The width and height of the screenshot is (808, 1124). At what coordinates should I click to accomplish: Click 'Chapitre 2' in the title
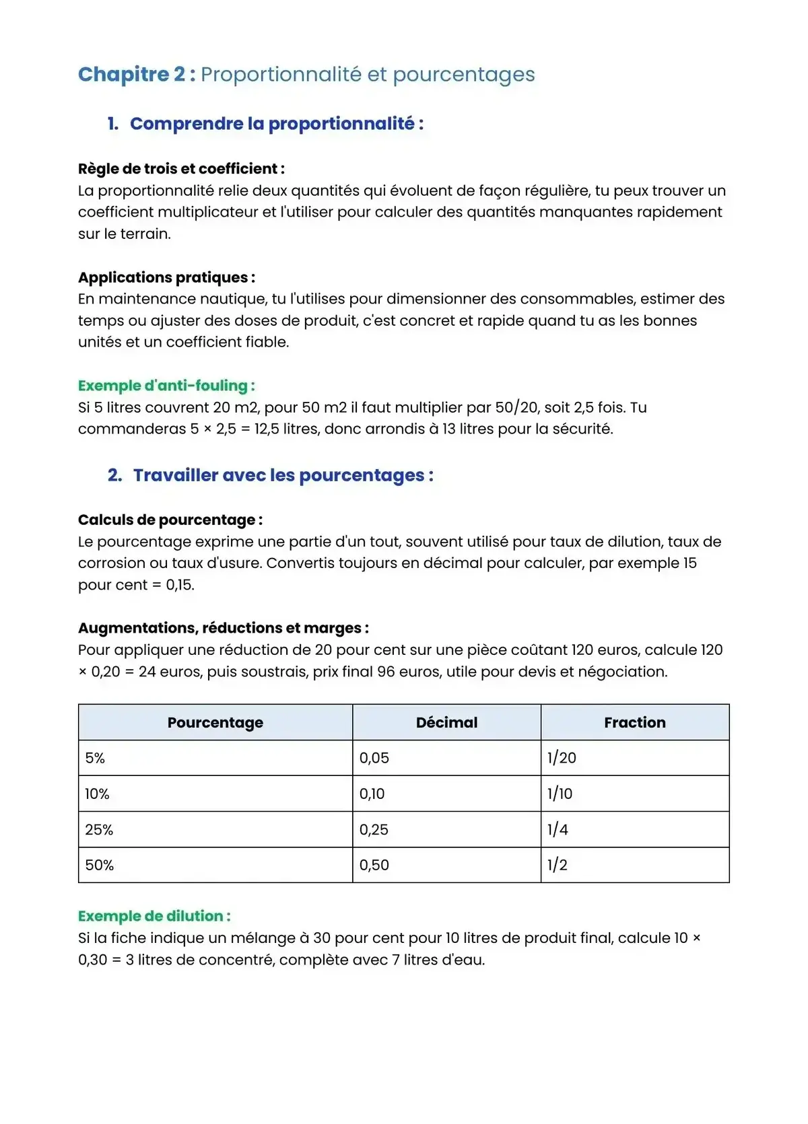132,74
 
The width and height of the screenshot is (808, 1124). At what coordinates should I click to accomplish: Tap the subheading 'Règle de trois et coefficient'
180,169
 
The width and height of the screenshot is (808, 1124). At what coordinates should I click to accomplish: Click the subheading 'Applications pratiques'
166,277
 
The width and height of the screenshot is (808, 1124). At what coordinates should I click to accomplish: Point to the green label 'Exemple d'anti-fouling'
166,386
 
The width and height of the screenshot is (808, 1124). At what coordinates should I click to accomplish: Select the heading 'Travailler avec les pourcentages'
283,475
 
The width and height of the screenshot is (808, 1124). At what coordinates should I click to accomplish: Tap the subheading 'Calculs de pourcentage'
170,520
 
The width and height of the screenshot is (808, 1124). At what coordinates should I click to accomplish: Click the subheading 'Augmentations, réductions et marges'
223,628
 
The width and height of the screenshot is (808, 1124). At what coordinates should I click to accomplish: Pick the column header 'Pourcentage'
215,723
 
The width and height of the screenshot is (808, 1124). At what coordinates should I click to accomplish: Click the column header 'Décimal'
446,723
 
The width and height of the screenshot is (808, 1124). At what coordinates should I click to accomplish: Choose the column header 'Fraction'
634,723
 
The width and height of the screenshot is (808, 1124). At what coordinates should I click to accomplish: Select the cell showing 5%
96,759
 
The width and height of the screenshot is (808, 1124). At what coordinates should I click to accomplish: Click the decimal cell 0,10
372,794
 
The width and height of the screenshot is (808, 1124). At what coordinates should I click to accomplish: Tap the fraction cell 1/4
558,830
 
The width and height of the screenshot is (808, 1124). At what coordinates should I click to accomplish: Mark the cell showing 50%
100,866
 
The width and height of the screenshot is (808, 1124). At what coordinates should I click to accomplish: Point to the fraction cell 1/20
562,759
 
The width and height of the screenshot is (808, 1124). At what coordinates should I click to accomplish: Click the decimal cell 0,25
374,830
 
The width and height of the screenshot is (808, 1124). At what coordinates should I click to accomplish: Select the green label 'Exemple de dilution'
154,916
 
